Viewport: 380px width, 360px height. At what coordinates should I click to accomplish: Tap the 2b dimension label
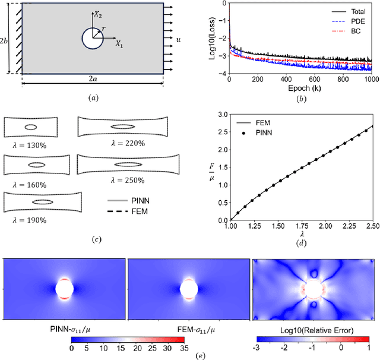pos(6,40)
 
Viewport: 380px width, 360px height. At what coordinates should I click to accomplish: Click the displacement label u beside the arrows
pos(179,39)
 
